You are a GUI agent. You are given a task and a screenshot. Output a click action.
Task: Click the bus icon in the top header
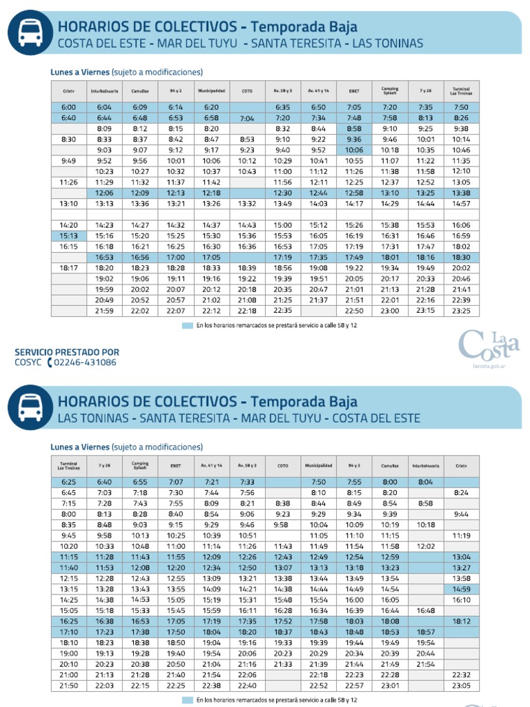coord(30,31)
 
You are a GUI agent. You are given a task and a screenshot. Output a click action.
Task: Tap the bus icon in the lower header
coord(30,407)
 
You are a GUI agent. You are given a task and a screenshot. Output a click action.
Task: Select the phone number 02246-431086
coord(85,362)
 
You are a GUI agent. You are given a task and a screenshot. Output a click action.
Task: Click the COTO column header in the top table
coord(247,90)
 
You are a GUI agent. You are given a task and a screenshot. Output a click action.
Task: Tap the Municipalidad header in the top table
coord(211,90)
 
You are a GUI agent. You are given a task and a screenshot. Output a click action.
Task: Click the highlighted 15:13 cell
coord(68,235)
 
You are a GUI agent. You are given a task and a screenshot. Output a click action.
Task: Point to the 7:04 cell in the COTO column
coord(247,118)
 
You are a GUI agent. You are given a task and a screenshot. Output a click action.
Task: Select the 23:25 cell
coord(461,311)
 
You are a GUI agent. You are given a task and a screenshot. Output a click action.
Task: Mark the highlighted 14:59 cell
coord(461,589)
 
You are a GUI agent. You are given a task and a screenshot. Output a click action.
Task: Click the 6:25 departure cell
coord(68,482)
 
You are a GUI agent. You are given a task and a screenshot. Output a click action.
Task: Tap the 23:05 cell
coord(461,685)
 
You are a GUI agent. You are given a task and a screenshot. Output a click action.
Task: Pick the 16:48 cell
coord(426,610)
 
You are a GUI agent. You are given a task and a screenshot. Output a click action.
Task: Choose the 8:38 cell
coord(282,503)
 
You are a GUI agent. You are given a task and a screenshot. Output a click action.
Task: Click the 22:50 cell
coord(354,311)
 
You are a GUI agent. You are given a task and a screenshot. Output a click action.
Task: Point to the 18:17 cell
coord(68,267)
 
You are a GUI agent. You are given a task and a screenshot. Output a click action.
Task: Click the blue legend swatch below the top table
coord(187,325)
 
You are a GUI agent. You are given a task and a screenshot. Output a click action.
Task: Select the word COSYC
coord(28,362)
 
